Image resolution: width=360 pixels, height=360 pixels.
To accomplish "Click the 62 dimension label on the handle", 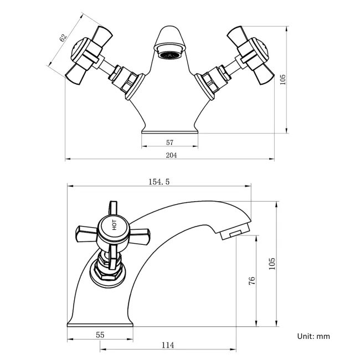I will pos(63,38).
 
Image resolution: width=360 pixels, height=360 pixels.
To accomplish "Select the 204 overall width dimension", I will pos(171,155).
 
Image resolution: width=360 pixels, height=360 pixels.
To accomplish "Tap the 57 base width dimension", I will pos(170,142).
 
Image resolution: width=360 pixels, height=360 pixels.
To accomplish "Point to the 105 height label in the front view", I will pos(283,80).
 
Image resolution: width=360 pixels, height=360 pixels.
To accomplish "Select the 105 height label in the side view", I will pos(271,264).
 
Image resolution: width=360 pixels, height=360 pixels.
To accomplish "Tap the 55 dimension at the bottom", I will pos(100,335).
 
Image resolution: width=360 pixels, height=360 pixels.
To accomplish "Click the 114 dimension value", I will pos(168,345).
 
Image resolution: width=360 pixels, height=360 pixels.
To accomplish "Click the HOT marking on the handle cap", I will pos(114,226).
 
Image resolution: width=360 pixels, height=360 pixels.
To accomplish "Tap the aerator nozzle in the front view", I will pos(170,54).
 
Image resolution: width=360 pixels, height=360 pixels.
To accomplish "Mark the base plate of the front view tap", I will pos(170,131).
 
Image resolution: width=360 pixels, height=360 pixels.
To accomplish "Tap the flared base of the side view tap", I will pos(100,321).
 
